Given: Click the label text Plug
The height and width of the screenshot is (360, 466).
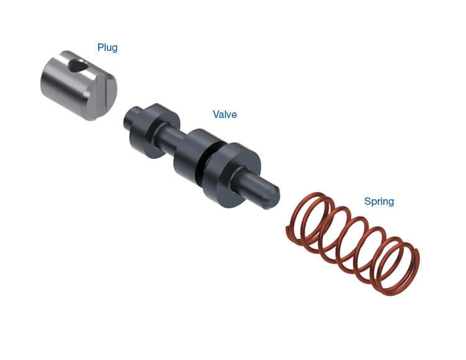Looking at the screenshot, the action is [x=107, y=48].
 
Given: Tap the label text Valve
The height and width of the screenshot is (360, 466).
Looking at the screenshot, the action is [x=225, y=114].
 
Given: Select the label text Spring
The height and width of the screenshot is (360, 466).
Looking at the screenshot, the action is [x=379, y=202].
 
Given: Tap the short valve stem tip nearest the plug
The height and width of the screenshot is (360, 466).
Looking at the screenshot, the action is [x=130, y=118].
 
